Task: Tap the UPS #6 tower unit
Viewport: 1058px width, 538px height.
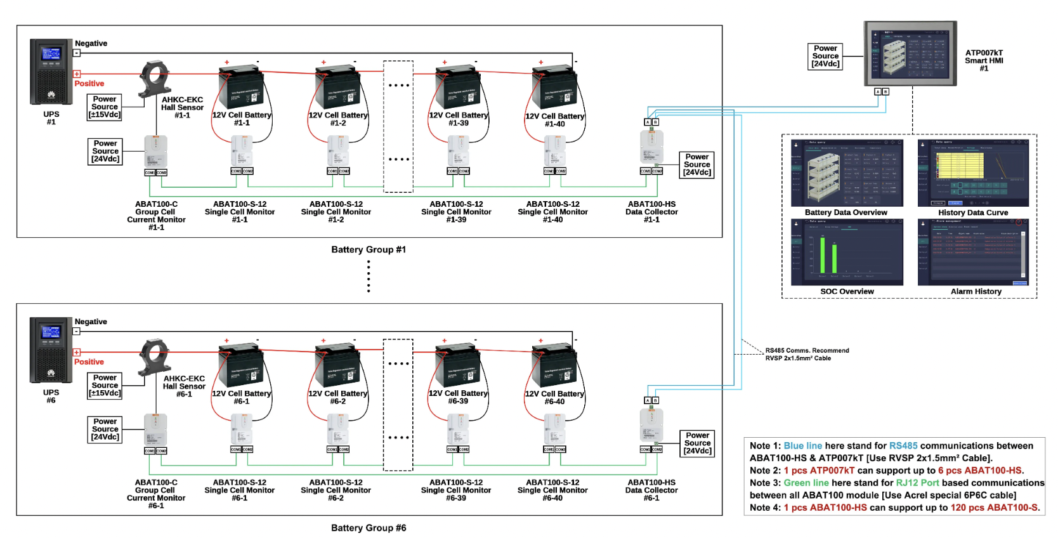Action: pyautogui.click(x=51, y=350)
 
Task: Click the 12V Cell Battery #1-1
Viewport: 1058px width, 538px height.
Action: pyautogui.click(x=241, y=89)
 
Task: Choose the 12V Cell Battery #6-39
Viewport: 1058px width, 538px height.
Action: pyautogui.click(x=458, y=367)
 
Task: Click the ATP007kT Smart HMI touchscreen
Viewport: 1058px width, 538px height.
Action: pyautogui.click(x=910, y=53)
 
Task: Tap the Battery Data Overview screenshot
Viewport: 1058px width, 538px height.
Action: pyautogui.click(x=847, y=173)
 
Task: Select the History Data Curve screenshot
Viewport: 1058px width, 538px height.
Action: pyautogui.click(x=973, y=173)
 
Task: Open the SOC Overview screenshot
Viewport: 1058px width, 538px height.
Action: pyautogui.click(x=847, y=252)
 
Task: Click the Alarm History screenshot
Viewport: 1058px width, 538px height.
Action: pyautogui.click(x=973, y=252)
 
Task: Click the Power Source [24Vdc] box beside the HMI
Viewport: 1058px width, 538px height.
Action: pyautogui.click(x=825, y=56)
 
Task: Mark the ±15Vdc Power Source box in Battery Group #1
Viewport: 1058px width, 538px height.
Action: pyautogui.click(x=105, y=107)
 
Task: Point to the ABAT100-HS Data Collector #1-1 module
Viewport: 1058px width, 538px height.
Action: pyautogui.click(x=651, y=147)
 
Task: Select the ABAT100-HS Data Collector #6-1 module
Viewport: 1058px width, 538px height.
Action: pyautogui.click(x=651, y=426)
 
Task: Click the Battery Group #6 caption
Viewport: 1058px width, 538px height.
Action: pyautogui.click(x=369, y=528)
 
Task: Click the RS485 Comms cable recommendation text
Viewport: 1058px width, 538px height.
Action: pyautogui.click(x=807, y=355)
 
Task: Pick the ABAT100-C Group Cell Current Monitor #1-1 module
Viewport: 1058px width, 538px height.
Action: pyautogui.click(x=155, y=152)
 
